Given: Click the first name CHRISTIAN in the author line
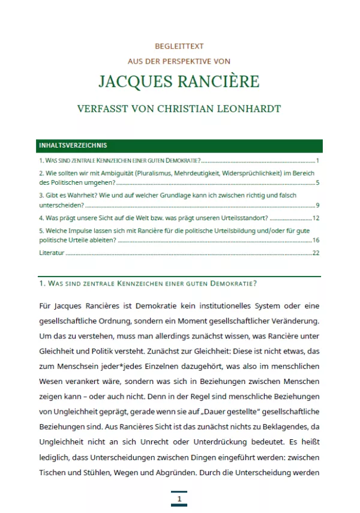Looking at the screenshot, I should [185, 109].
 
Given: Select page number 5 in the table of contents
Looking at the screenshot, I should [317, 182].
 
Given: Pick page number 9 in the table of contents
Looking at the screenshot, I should [317, 205].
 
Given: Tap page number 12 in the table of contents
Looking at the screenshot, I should [316, 218].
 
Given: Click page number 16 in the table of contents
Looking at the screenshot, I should [316, 240].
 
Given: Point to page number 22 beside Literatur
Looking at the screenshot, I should [316, 253].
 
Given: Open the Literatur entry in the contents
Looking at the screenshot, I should [52, 253].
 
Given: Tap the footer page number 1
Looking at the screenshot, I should [179, 499].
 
